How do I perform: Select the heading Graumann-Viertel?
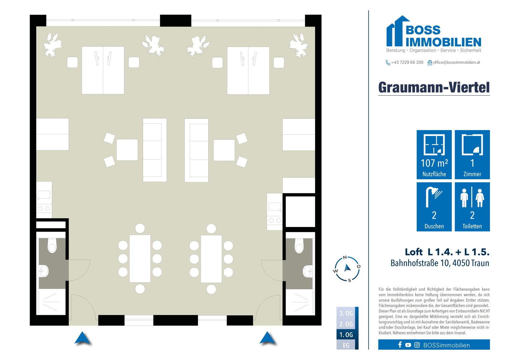coord(434,87)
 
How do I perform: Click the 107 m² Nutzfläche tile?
coord(434,155)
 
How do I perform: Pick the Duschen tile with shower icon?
coord(434,207)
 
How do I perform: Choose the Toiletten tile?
coord(472,207)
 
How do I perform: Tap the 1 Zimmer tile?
coord(472,155)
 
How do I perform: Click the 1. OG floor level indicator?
coord(346,335)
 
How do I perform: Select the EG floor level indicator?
coord(346,345)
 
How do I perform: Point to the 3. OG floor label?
coord(346,313)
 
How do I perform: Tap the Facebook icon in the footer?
coord(400,345)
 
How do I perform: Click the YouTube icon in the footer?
coord(408,345)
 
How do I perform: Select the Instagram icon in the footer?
coord(417,345)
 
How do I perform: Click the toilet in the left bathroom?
coord(52,246)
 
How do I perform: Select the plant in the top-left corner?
coord(52,45)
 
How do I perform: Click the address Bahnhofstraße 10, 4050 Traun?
coord(440,263)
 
